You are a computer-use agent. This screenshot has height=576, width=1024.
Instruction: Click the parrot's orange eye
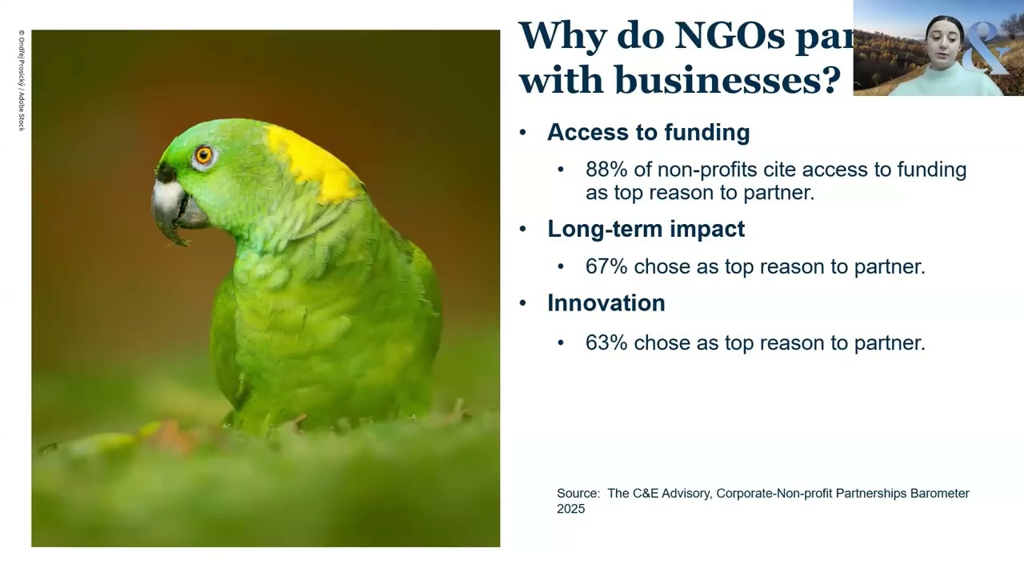(203, 154)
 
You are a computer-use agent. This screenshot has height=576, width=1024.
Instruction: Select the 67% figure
(606, 266)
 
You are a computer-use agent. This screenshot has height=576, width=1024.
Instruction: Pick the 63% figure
(606, 343)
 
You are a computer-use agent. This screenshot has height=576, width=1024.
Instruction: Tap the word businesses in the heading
(726, 79)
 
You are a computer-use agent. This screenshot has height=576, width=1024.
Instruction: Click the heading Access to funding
(648, 133)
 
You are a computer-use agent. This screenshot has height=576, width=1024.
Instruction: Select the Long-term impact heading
(646, 229)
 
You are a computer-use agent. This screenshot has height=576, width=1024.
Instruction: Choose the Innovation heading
(606, 303)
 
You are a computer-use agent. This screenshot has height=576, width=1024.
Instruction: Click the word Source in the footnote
(578, 494)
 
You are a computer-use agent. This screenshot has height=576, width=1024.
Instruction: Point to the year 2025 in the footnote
(570, 509)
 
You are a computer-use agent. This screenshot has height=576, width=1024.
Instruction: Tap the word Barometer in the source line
(939, 494)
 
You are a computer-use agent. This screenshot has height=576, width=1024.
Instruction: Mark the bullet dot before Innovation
(523, 303)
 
